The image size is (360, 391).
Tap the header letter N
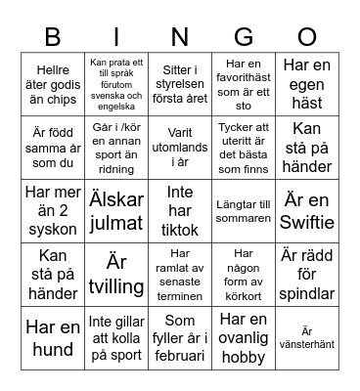tap(179, 37)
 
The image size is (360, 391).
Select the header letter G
tap(243, 37)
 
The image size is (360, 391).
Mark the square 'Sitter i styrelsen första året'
tap(179, 82)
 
